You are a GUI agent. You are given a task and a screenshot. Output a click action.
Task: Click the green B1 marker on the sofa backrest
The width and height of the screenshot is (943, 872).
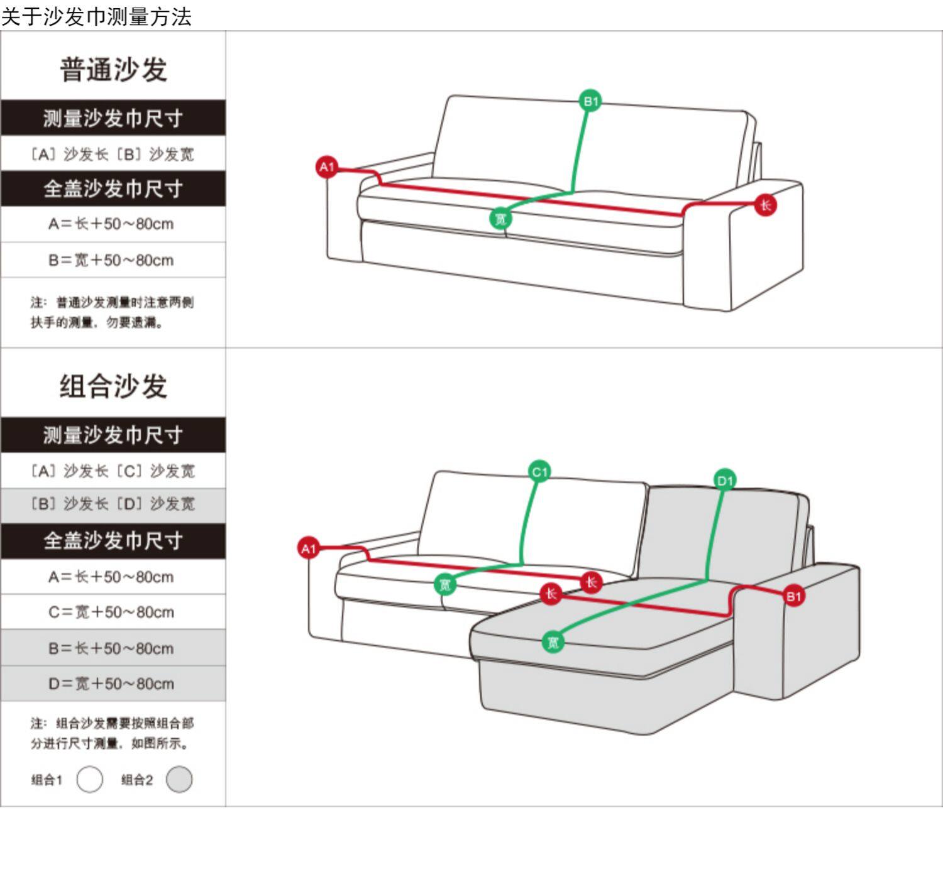(590, 101)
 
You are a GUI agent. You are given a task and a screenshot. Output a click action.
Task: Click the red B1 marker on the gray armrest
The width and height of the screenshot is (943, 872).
(793, 596)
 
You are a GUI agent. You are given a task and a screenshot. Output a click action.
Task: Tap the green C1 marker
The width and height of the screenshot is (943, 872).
(540, 471)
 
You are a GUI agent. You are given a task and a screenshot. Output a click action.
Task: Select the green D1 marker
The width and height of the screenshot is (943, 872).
(725, 481)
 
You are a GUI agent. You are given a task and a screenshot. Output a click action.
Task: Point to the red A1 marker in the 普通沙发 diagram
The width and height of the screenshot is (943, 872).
(327, 167)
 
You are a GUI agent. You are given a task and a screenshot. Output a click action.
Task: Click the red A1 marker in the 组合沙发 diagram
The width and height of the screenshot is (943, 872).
(309, 548)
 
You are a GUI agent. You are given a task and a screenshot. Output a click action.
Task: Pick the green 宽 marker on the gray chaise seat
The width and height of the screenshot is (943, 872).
(553, 642)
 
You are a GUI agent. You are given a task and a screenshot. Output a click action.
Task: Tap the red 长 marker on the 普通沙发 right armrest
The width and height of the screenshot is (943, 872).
(765, 205)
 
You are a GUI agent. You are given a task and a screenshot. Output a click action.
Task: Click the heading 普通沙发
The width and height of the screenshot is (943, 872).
(113, 69)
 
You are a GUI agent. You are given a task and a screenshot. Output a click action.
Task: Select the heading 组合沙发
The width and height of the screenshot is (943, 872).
(113, 386)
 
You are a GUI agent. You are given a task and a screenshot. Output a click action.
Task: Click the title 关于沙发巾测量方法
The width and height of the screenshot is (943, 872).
(96, 16)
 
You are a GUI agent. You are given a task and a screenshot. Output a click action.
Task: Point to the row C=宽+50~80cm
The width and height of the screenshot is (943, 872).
(112, 612)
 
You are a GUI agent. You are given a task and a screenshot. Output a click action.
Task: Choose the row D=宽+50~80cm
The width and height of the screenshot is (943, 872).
(112, 684)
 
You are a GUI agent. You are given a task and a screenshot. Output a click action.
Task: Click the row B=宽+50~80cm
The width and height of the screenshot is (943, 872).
(112, 260)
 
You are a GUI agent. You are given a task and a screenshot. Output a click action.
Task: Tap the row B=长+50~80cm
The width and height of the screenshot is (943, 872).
(112, 648)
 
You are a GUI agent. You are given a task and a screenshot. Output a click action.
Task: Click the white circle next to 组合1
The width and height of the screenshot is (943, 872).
(90, 780)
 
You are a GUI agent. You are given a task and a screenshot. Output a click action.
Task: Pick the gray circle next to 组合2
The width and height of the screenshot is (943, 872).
(179, 780)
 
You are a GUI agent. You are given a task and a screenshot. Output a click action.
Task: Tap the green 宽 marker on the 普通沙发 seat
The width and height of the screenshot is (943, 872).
(500, 219)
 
